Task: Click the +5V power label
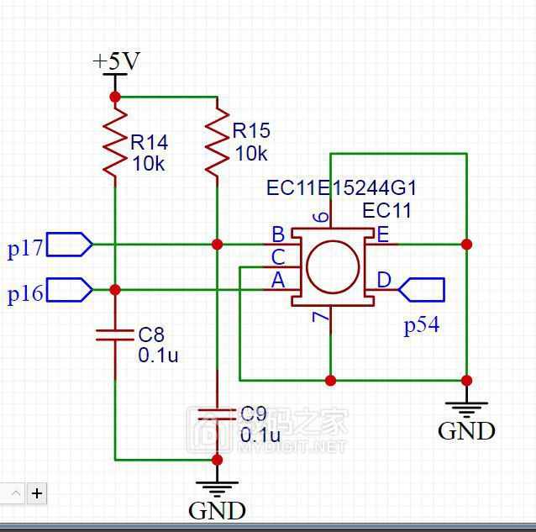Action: (x=116, y=61)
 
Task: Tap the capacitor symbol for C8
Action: (x=115, y=334)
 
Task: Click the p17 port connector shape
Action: (x=70, y=245)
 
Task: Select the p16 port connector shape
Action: (x=70, y=290)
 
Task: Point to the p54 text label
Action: (x=421, y=326)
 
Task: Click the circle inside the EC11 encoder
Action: (x=332, y=268)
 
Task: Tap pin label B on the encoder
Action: (x=277, y=234)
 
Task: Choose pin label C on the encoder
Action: (x=277, y=256)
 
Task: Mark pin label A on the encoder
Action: (x=277, y=281)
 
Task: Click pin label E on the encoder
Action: (x=382, y=234)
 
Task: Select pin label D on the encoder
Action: (x=383, y=280)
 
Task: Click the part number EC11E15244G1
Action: (x=341, y=187)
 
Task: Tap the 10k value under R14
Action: (x=149, y=164)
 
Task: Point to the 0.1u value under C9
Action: (x=260, y=435)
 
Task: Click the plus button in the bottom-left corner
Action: (x=37, y=493)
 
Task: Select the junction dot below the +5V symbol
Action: (x=115, y=97)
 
